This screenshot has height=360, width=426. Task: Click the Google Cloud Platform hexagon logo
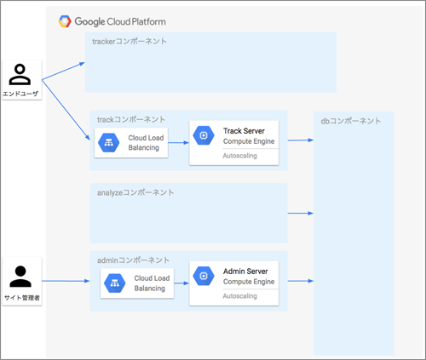tap(65, 21)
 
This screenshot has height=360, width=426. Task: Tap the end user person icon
tap(20, 75)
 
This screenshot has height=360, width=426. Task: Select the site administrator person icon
tap(20, 277)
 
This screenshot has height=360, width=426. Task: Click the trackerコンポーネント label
tap(130, 42)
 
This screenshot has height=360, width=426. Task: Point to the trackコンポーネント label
tap(131, 119)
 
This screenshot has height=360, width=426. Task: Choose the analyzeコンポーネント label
tap(135, 192)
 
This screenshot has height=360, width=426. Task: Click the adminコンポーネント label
tap(133, 260)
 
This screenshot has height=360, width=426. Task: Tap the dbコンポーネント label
tap(351, 121)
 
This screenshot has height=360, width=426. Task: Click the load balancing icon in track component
tap(109, 143)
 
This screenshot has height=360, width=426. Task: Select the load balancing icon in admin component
tap(115, 283)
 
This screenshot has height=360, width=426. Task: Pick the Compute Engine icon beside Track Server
tap(204, 135)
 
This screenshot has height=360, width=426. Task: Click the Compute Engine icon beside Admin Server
tap(204, 276)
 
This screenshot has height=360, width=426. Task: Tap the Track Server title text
tap(244, 131)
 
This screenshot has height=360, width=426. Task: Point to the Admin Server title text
tap(245, 271)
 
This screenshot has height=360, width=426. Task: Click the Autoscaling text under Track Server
tap(239, 156)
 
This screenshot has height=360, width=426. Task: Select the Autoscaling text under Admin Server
tap(239, 296)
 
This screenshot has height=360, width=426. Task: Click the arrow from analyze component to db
tap(301, 213)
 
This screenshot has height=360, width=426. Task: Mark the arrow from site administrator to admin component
tap(66, 281)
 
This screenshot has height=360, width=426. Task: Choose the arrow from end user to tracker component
tap(63, 71)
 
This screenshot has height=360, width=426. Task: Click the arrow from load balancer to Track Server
tap(178, 142)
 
